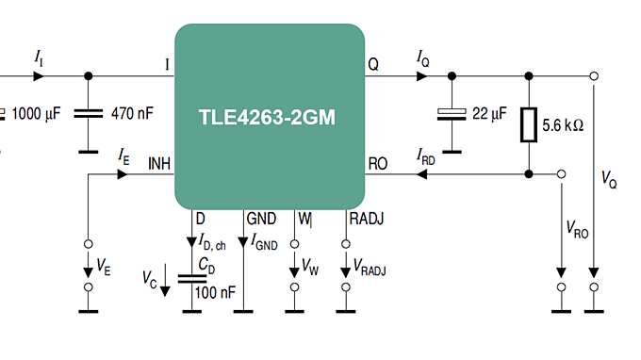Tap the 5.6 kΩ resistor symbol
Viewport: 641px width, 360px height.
[529, 124]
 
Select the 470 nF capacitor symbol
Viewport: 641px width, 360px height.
[90, 113]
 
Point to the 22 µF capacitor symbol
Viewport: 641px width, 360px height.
[452, 114]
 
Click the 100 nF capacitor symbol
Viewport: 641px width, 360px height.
[192, 277]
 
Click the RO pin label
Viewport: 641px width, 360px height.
[377, 163]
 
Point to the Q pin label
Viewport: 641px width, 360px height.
[373, 65]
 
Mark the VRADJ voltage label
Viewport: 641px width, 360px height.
[370, 270]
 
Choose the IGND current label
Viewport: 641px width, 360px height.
[265, 244]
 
